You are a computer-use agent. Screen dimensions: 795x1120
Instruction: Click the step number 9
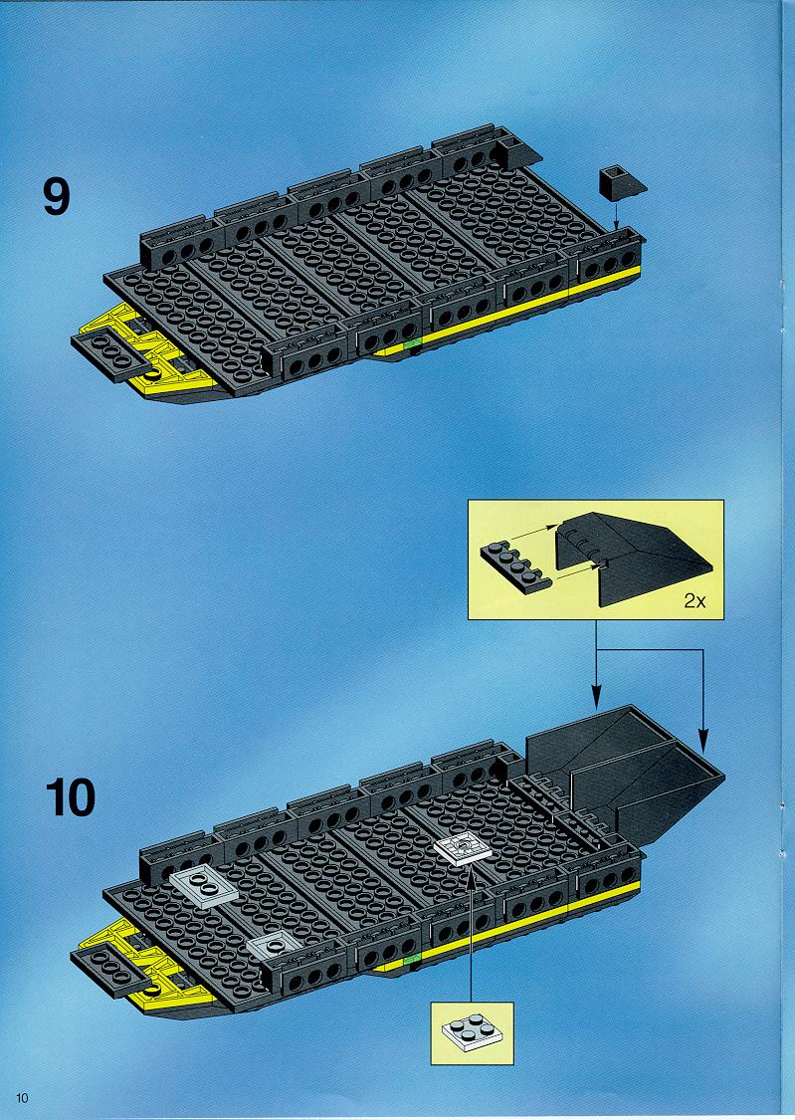pyautogui.click(x=57, y=196)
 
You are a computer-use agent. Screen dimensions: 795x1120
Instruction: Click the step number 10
pyautogui.click(x=71, y=797)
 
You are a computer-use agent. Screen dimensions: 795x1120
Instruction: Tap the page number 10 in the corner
pyautogui.click(x=22, y=1098)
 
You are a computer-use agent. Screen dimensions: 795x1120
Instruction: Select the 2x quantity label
pyautogui.click(x=695, y=601)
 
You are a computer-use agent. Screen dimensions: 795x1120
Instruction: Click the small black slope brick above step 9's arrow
pyautogui.click(x=622, y=182)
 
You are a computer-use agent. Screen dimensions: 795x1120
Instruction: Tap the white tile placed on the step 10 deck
pyautogui.click(x=463, y=849)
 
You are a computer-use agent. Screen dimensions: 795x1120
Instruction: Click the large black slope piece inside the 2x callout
pyautogui.click(x=633, y=558)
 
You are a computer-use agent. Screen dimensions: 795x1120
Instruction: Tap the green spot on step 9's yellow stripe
pyautogui.click(x=411, y=344)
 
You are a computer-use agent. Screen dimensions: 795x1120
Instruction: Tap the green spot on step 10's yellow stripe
pyautogui.click(x=411, y=960)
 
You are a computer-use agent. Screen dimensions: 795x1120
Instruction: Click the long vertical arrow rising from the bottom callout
pyautogui.click(x=471, y=935)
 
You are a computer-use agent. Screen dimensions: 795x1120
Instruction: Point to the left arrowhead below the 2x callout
pyautogui.click(x=597, y=698)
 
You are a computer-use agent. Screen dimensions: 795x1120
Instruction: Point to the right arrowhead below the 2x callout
pyautogui.click(x=702, y=740)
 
